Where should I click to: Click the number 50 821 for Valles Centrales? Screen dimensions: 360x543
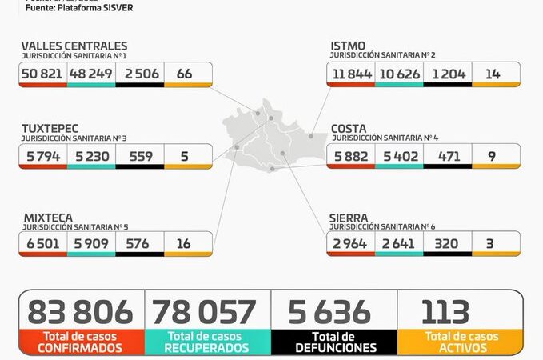44,74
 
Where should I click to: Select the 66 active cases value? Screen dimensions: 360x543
184,74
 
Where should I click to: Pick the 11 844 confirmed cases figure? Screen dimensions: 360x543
350,74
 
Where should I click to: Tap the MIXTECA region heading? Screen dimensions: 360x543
47,218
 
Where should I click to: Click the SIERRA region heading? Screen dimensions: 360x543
349,218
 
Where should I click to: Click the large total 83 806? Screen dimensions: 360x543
81,311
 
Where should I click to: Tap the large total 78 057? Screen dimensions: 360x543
205,311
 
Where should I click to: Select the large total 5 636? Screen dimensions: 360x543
332,311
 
